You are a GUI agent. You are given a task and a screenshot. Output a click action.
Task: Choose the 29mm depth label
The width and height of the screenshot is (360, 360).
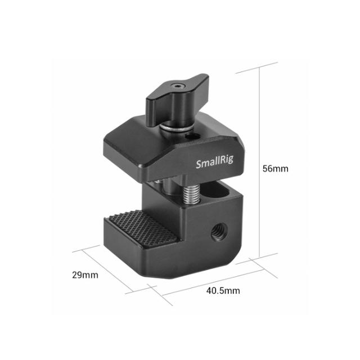[x=85, y=275]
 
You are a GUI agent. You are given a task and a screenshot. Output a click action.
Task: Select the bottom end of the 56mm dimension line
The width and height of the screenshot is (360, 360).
[x=259, y=260]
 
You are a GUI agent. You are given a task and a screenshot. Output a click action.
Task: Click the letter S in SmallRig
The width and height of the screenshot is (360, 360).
[x=199, y=165]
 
